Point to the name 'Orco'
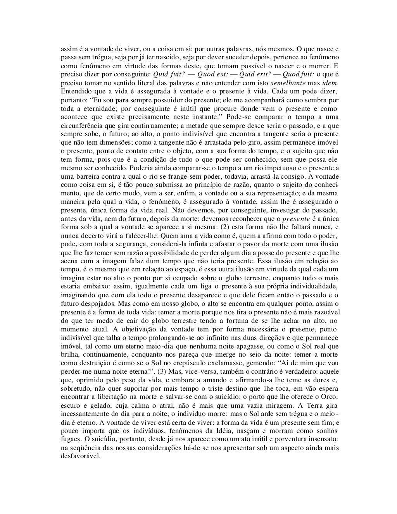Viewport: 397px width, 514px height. pyautogui.click(x=330, y=397)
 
